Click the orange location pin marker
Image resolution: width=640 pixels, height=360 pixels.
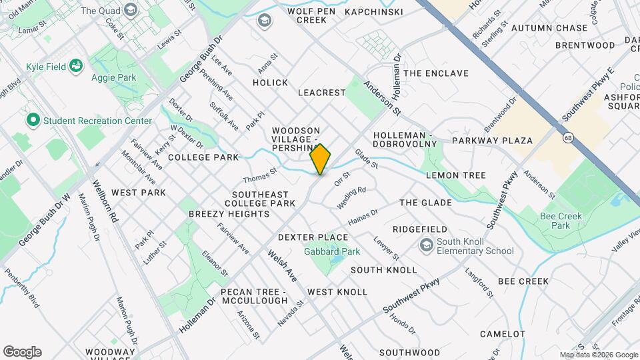click(x=321, y=159)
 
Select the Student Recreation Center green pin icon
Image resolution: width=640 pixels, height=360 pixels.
click(x=32, y=121)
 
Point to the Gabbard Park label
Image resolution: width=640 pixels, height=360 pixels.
click(x=332, y=252)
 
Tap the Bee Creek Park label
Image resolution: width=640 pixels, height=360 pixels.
click(x=561, y=221)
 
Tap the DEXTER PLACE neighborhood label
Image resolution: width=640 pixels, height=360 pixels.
click(x=313, y=237)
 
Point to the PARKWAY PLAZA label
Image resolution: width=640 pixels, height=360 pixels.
click(x=492, y=141)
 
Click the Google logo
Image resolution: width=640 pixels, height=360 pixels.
click(x=22, y=352)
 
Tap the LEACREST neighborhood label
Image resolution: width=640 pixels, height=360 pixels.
click(x=322, y=93)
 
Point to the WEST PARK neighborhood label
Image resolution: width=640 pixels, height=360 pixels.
click(x=138, y=193)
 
